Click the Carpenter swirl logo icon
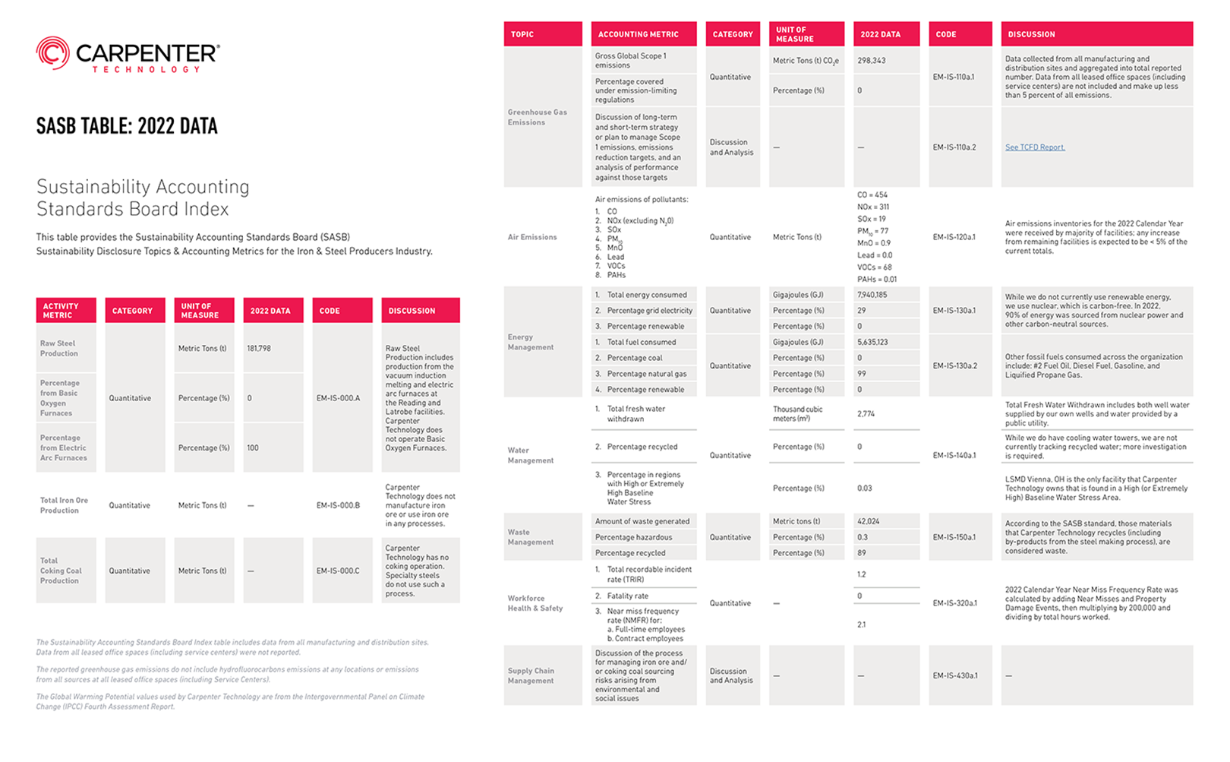[52, 53]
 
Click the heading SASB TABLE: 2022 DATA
[127, 126]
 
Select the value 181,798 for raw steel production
[259, 349]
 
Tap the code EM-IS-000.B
[338, 505]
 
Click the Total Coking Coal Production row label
[61, 571]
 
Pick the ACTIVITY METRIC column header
[61, 311]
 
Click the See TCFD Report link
[1035, 147]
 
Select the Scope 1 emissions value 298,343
[872, 61]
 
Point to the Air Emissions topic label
[532, 237]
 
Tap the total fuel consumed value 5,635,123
[873, 342]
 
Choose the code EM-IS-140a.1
[954, 456]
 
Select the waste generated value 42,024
[868, 521]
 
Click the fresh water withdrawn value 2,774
[866, 414]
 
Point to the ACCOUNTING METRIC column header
[639, 34]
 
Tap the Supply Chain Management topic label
[531, 675]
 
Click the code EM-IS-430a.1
[954, 675]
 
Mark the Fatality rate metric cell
[628, 596]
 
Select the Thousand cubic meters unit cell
[797, 414]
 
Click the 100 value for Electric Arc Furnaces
[253, 448]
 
